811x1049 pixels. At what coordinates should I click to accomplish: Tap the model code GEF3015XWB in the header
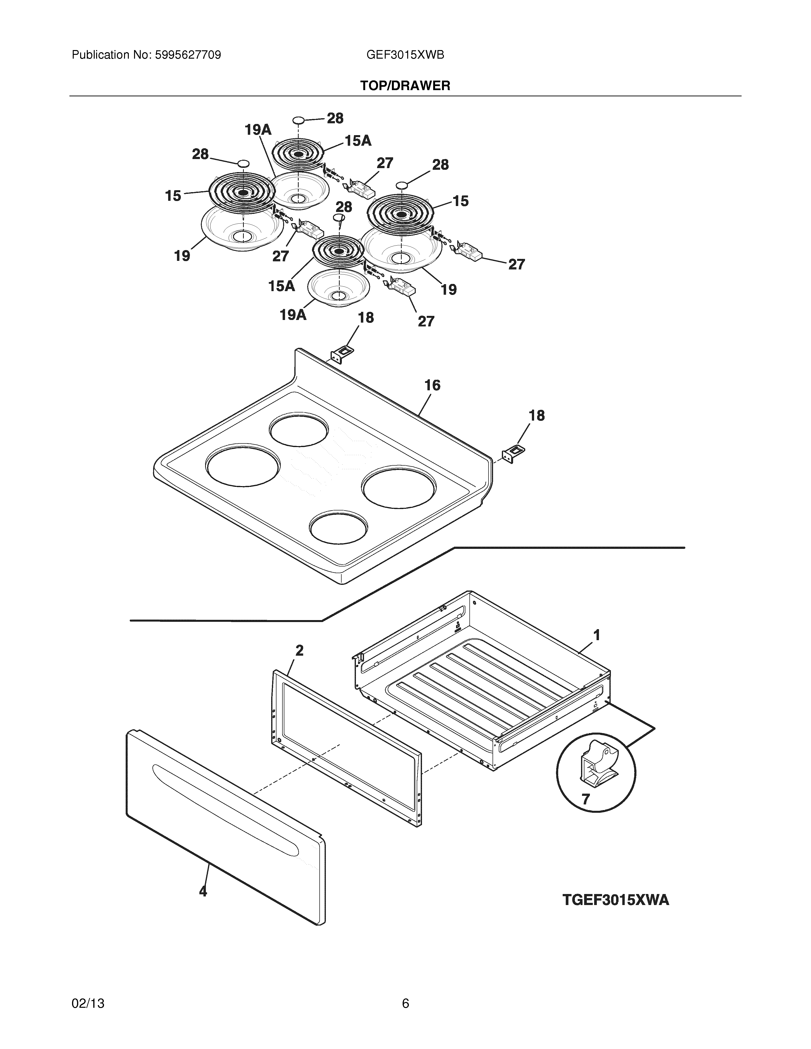(x=405, y=55)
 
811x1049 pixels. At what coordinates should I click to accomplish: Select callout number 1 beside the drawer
(x=596, y=635)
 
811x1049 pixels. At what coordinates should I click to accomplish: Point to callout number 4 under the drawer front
(x=203, y=891)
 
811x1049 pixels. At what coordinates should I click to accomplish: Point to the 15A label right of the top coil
(x=358, y=141)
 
